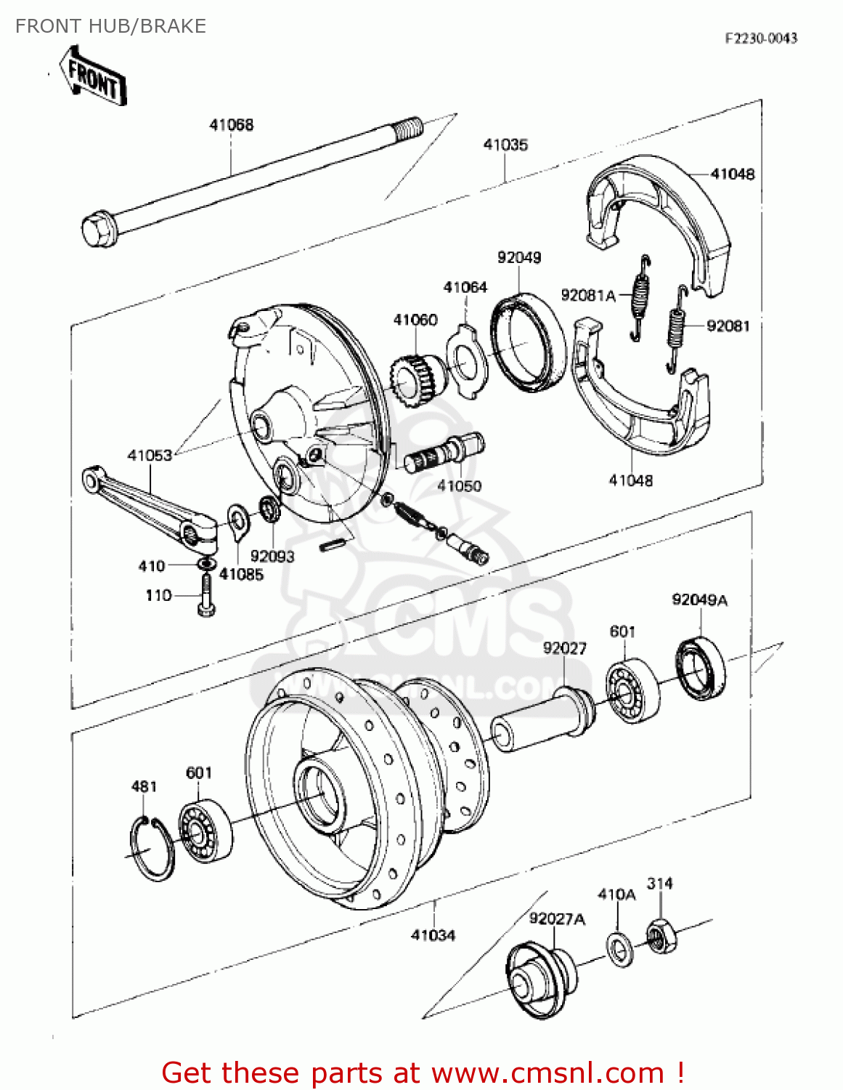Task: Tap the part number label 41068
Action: pyautogui.click(x=232, y=125)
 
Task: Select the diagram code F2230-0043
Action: pyautogui.click(x=760, y=39)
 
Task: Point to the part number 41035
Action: pyautogui.click(x=505, y=145)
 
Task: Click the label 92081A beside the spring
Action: pyautogui.click(x=587, y=295)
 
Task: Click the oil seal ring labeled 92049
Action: pyautogui.click(x=528, y=342)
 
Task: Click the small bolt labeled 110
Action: pyautogui.click(x=205, y=597)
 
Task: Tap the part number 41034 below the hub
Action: pyautogui.click(x=433, y=935)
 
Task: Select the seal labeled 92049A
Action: pyautogui.click(x=701, y=668)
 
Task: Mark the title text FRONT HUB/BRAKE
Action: pyautogui.click(x=111, y=26)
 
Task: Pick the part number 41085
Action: pyautogui.click(x=241, y=574)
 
